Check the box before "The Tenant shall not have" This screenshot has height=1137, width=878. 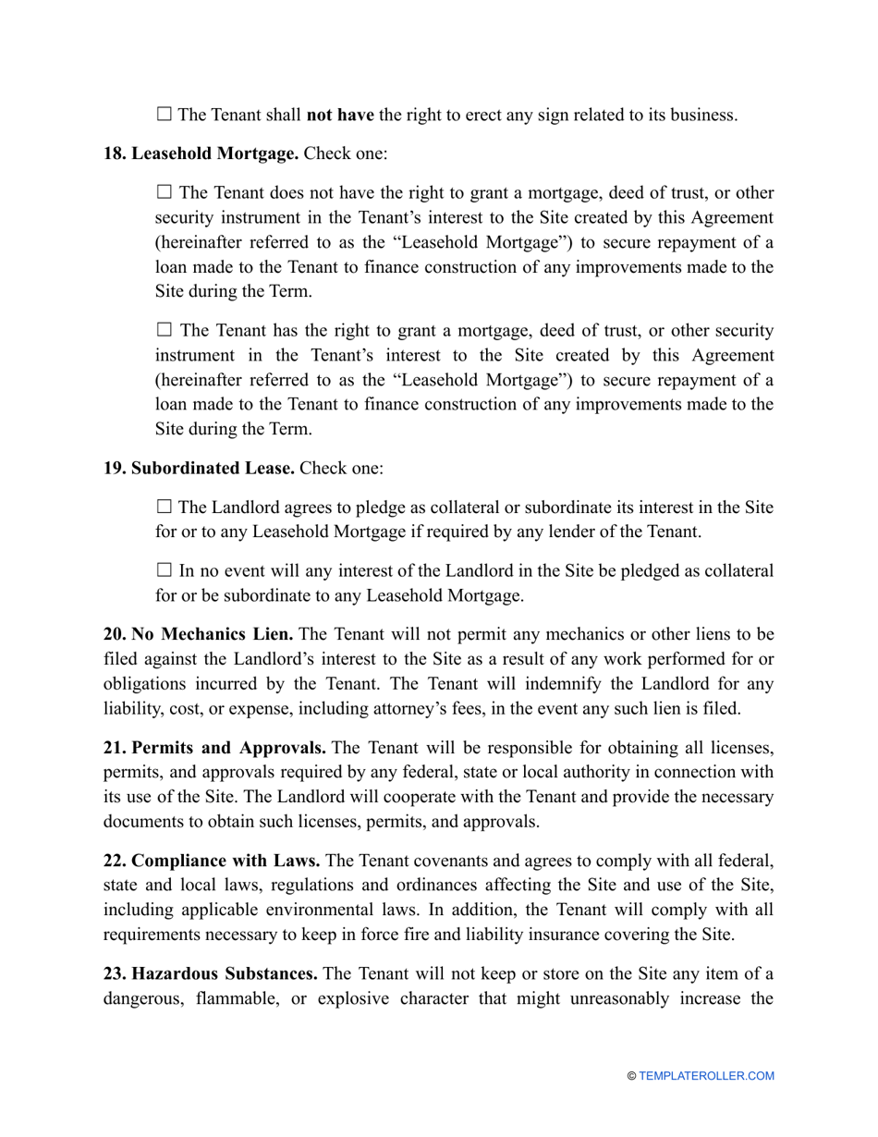165,115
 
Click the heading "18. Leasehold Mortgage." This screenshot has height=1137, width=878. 201,153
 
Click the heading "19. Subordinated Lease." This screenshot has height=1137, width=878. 199,469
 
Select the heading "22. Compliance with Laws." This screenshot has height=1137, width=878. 212,860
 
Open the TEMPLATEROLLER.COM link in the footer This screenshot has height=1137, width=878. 706,1076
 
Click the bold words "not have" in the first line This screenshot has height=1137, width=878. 340,116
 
